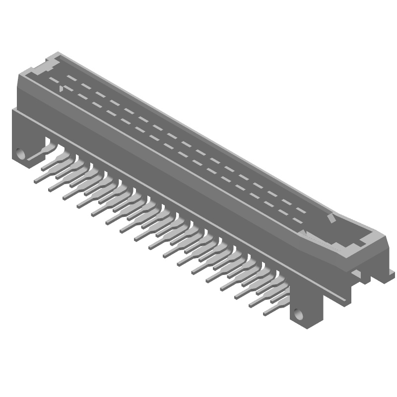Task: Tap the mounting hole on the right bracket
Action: (298, 314)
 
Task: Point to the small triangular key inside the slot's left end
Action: (61, 89)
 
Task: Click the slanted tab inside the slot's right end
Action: (330, 219)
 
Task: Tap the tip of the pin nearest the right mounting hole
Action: (265, 313)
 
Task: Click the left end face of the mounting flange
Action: (15, 132)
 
